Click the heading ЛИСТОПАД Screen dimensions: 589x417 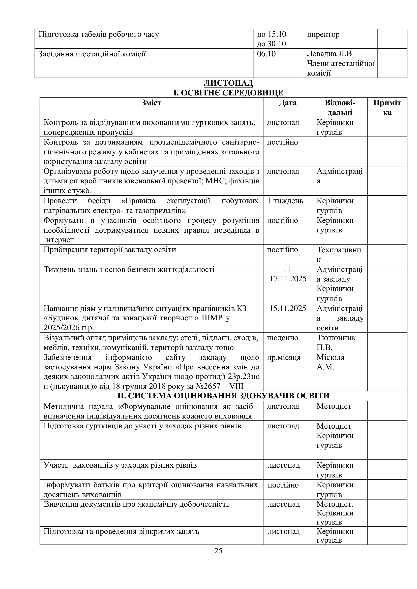[x=228, y=83]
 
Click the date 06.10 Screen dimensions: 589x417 [x=266, y=54]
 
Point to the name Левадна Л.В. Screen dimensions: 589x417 [x=330, y=54]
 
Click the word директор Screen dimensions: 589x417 [x=323, y=34]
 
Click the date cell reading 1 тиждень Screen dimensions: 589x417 [x=285, y=201]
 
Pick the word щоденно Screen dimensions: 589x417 [x=282, y=338]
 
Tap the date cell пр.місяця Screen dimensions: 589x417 [x=284, y=357]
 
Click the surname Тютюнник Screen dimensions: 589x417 [x=336, y=338]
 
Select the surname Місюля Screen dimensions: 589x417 [x=331, y=357]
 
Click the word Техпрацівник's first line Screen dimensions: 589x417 [x=339, y=250]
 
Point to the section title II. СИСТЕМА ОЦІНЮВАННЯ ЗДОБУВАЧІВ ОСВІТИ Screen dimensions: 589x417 [x=223, y=396]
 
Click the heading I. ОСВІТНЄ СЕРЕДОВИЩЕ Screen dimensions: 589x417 [x=228, y=93]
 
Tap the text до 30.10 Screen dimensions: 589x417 [x=271, y=44]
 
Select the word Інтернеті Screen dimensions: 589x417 [x=60, y=240]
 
